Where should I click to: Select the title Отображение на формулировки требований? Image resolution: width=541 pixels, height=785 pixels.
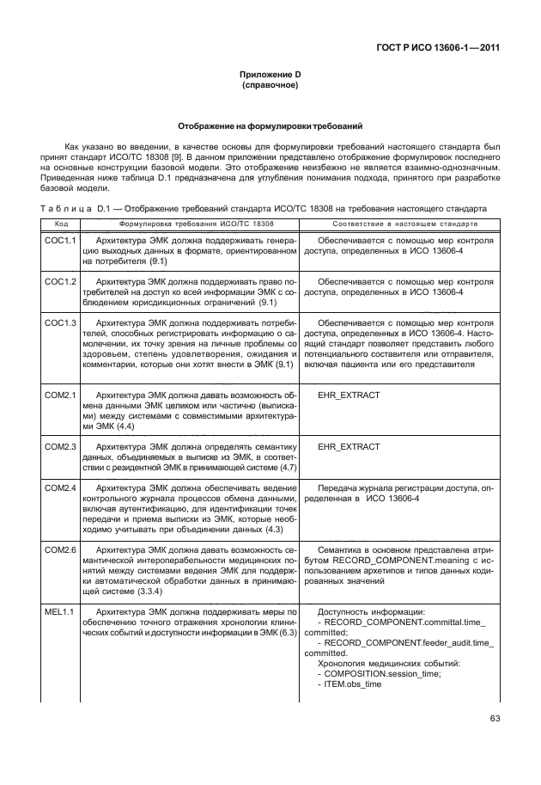point(270,126)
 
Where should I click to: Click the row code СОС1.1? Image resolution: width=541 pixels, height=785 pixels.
point(60,242)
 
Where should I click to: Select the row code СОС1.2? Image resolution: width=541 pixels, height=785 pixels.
point(60,281)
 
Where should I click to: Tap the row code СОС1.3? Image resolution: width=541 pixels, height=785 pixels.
point(60,323)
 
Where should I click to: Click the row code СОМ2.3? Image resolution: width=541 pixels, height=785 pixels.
point(60,448)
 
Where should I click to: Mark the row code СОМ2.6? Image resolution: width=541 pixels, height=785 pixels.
point(60,549)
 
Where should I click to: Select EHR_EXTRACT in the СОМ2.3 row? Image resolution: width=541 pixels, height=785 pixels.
point(349,448)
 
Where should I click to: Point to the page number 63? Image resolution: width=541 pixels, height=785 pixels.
point(495,720)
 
